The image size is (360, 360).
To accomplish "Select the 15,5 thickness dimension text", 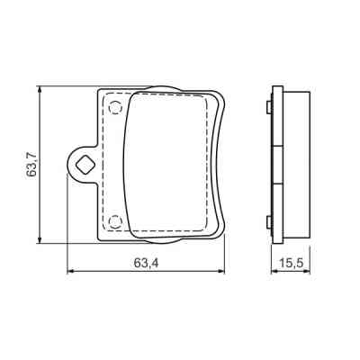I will pyautogui.click(x=290, y=263).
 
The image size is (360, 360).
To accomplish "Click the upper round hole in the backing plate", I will pyautogui.click(x=114, y=109).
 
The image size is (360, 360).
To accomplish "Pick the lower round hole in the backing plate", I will pyautogui.click(x=114, y=220).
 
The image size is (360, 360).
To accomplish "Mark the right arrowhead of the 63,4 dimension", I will pyautogui.click(x=223, y=271).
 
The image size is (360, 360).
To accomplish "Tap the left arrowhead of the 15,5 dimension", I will pyautogui.click(x=274, y=271).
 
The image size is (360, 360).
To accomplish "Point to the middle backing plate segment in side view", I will pyautogui.click(x=278, y=165).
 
